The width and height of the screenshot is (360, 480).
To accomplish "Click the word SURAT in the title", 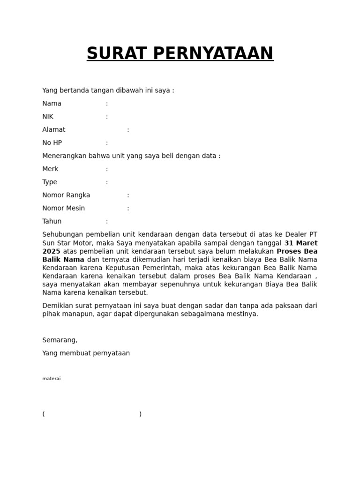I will click(x=117, y=53).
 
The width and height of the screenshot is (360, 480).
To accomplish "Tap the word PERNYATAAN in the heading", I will click(x=213, y=53).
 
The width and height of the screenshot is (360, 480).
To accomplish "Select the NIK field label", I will click(x=48, y=117).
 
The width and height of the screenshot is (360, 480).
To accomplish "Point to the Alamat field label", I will click(x=54, y=130).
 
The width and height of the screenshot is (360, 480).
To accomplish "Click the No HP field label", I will click(x=52, y=143).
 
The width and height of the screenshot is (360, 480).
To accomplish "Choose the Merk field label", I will click(x=50, y=169).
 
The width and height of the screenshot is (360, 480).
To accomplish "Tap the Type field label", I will click(x=50, y=182).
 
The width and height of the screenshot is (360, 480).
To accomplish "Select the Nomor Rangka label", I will click(x=66, y=195).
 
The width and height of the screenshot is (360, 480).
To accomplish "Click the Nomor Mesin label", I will click(x=64, y=209).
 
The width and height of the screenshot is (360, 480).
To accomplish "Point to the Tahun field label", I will click(x=52, y=222).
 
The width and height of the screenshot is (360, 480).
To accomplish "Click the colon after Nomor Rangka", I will click(x=128, y=195).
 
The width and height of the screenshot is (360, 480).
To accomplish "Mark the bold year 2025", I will click(x=51, y=251).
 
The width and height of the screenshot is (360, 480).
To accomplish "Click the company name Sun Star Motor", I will click(x=68, y=243).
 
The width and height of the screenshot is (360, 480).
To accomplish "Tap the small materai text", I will click(x=51, y=379).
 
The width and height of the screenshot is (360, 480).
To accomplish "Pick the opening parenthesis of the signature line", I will click(x=44, y=414).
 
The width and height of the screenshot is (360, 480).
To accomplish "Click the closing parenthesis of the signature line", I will click(x=140, y=414).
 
